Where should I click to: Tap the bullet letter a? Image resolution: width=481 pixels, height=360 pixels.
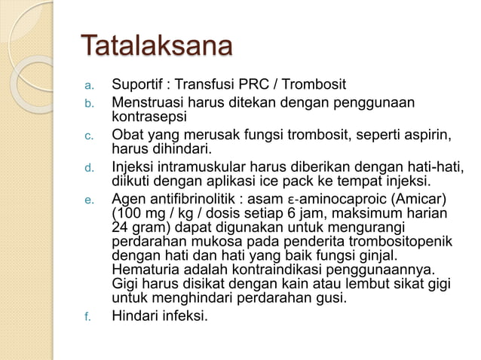[86, 84]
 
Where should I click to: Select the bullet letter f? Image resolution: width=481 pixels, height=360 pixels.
[86, 318]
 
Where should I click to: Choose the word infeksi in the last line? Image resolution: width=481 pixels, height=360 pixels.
[184, 316]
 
